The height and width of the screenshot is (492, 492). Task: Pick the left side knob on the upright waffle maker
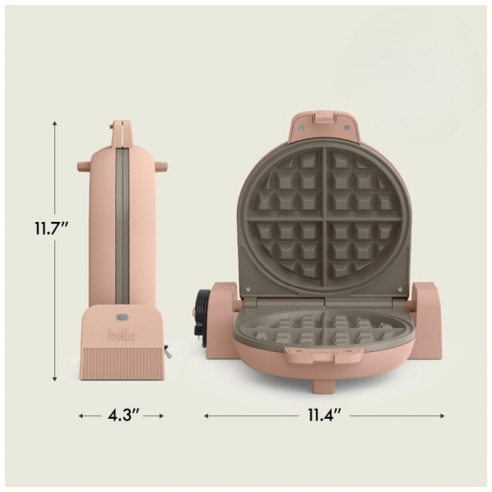click(83, 166)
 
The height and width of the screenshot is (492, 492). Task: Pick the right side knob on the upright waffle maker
click(161, 166)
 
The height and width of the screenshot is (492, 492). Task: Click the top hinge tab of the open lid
click(324, 117)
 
